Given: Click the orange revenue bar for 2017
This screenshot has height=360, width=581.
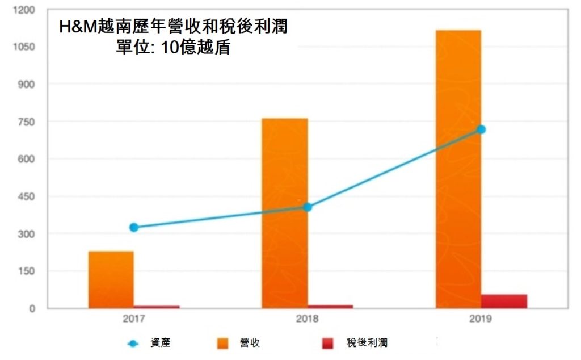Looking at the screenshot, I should point(111,279).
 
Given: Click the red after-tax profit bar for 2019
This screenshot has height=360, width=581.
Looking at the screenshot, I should point(504,302).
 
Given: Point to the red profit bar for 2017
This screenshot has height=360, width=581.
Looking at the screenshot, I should point(157,307).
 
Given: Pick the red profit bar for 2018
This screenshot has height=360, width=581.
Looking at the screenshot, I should point(330,307).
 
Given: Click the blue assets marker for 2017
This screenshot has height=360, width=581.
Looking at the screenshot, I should point(134,227).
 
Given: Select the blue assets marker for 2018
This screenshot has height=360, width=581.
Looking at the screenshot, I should point(307,207).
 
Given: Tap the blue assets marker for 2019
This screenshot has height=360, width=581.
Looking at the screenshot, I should point(481,129).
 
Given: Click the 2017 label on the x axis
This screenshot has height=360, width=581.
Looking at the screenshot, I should point(134,319).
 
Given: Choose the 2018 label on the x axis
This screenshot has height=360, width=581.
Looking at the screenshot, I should point(307,319).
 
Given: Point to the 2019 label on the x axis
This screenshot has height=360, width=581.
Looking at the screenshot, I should point(481,319).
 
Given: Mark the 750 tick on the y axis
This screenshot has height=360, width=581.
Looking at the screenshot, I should point(26,122).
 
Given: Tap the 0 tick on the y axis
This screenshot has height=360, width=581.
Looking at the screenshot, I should point(33,309).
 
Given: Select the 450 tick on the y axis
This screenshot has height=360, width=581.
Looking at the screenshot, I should point(26,197).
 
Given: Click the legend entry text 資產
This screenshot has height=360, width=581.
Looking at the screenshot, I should point(160,343).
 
